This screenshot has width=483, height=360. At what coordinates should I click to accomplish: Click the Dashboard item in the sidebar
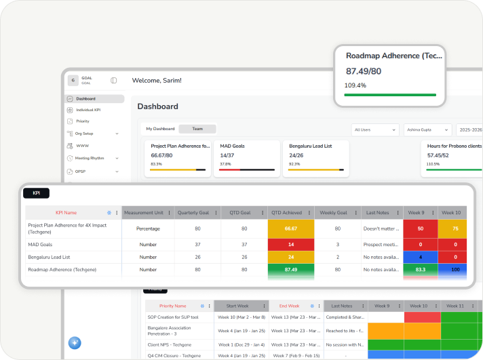[x=85, y=99]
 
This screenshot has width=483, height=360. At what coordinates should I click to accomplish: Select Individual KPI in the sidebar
[x=88, y=110]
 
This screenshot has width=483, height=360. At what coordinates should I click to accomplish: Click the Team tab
[x=197, y=129]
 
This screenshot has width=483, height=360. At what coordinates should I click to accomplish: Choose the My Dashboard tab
[x=161, y=129]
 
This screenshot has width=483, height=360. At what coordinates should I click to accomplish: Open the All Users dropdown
[x=375, y=129]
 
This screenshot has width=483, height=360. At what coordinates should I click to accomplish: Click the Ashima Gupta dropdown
[x=427, y=129]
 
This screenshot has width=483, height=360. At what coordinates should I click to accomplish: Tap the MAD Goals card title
[x=232, y=146]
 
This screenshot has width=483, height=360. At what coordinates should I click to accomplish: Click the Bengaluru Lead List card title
[x=311, y=146]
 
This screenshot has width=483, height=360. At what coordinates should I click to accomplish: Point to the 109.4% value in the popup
[x=355, y=85]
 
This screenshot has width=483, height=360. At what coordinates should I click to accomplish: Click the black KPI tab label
[x=37, y=193]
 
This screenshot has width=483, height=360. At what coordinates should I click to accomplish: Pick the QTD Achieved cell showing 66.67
[x=291, y=229]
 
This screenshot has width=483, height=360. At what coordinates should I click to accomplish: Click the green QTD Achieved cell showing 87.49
[x=291, y=270]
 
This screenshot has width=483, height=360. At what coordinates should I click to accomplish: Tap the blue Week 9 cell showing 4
[x=421, y=257]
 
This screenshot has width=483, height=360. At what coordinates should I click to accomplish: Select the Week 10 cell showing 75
[x=455, y=229]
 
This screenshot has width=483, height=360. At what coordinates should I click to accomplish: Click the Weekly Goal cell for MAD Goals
[x=337, y=244]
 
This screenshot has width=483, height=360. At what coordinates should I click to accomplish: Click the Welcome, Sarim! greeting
[x=157, y=81]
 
